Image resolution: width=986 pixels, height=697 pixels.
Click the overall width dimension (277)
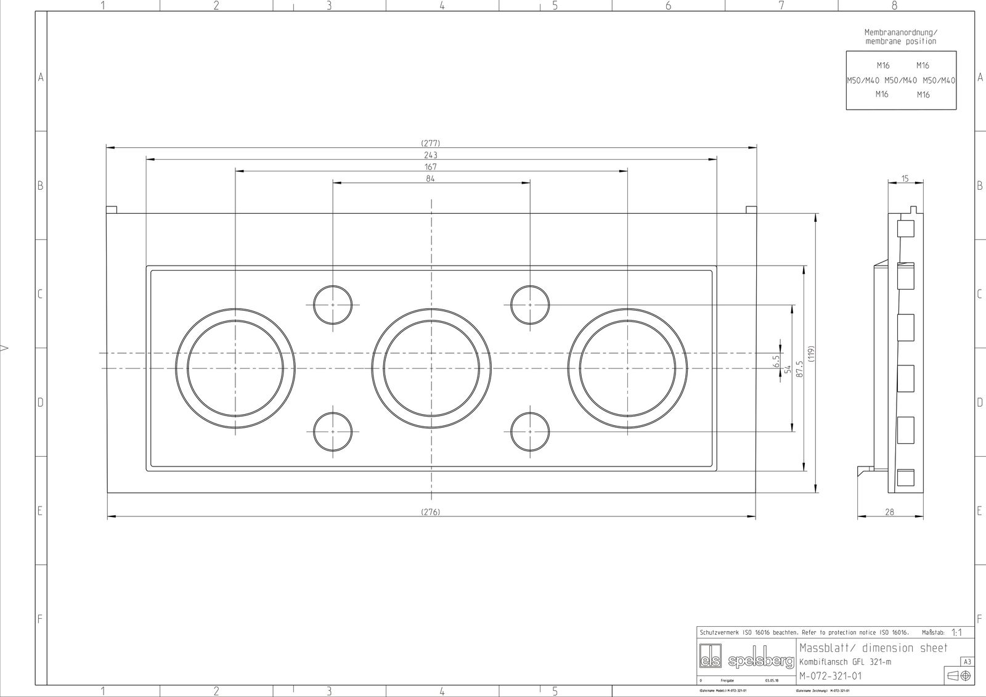point(431,143)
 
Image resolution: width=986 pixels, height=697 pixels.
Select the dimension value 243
point(431,155)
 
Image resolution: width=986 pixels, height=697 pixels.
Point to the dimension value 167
point(431,166)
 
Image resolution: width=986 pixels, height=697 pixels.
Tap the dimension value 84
point(431,179)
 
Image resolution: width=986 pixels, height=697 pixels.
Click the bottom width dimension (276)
point(431,512)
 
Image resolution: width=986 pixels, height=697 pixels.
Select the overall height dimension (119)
point(812,353)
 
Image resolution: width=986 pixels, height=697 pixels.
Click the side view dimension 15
point(905,179)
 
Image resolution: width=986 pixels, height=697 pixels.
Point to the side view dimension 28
point(889,512)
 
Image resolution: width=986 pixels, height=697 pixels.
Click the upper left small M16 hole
point(333,304)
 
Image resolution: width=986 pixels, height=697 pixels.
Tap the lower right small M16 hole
point(530,431)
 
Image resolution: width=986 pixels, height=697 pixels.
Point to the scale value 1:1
point(957,633)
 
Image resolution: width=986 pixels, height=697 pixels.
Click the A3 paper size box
point(967,662)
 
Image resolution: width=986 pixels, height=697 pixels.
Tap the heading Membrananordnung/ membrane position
point(900,36)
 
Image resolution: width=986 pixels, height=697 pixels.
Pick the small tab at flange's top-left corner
point(112,210)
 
